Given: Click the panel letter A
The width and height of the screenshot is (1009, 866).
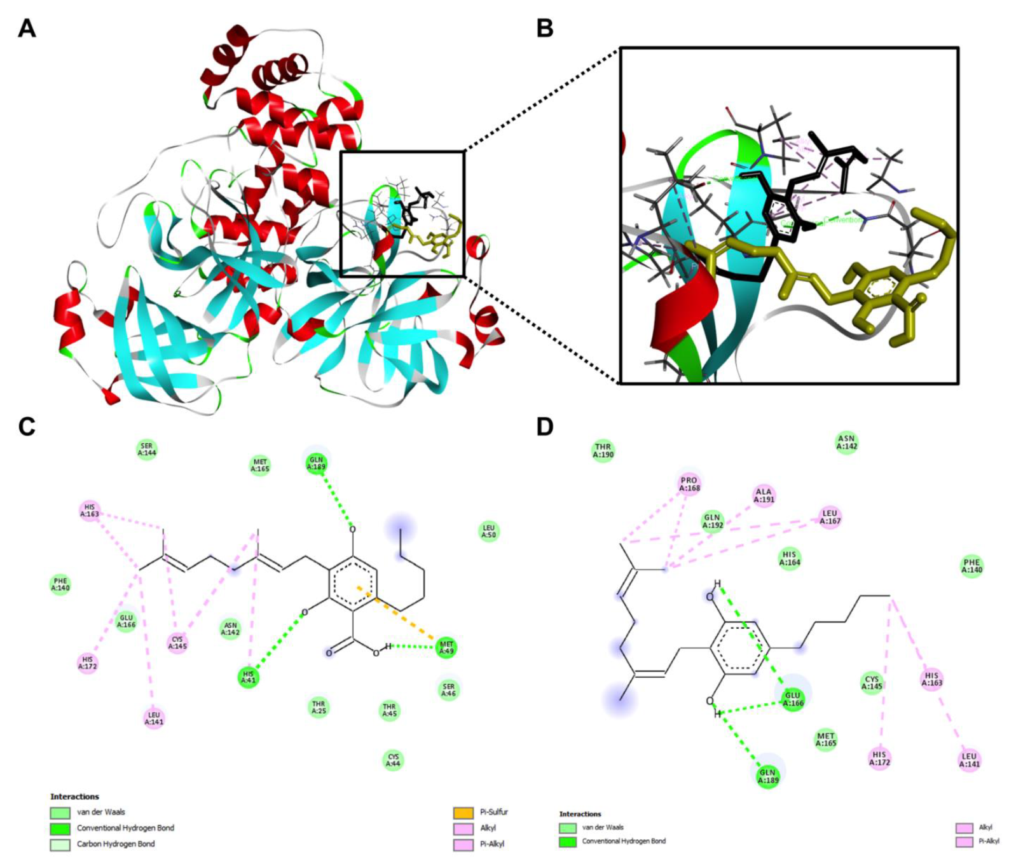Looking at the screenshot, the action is point(27,29).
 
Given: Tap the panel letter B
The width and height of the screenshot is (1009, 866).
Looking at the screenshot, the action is point(545,29).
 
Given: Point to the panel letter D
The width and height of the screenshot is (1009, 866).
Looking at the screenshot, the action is point(545,427).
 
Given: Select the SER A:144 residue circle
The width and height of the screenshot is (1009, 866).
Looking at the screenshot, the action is point(147,450).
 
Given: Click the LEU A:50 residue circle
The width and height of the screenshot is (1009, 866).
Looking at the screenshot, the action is point(488,532).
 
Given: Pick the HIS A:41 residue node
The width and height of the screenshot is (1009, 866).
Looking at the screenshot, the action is point(249,678).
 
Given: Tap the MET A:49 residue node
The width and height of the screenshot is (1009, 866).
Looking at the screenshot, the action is point(447,648).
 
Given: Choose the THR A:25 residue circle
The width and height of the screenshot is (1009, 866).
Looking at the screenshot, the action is point(319,707).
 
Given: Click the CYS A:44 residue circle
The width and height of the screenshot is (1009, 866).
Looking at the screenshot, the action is point(394,760).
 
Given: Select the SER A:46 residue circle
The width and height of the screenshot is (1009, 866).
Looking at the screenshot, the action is point(449,690).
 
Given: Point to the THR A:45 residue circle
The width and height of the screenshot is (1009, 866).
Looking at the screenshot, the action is point(389,710).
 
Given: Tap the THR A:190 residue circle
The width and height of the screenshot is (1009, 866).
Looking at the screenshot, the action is point(603,451).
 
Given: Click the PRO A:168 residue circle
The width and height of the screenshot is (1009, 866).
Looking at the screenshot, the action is point(689,484).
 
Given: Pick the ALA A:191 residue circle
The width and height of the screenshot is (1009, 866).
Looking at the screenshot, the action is point(764,495).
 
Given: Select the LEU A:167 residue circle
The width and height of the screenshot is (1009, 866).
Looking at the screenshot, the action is point(830,517).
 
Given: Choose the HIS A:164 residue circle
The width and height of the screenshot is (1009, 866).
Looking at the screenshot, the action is point(790,558).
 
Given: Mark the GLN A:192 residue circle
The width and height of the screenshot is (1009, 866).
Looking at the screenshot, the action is point(712,521).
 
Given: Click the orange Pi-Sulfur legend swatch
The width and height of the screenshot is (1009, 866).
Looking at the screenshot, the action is point(463,813).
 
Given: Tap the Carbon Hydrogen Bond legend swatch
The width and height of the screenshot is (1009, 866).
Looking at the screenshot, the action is point(60,844).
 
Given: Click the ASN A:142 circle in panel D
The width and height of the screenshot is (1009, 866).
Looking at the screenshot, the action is point(847,442).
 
